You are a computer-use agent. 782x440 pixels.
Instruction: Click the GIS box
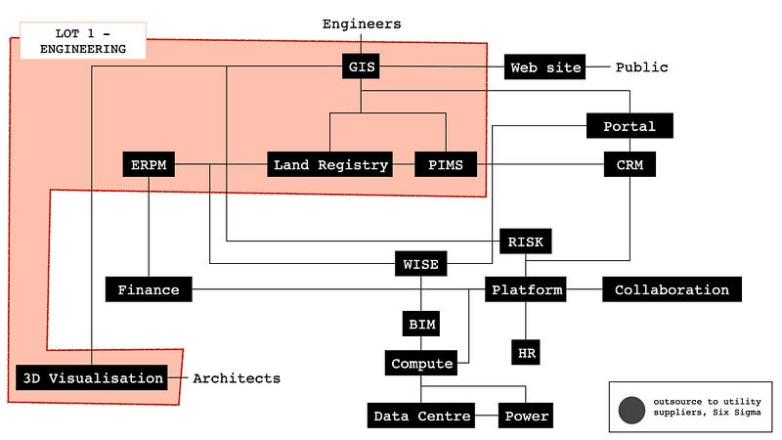361,67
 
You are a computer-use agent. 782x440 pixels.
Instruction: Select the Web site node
545,67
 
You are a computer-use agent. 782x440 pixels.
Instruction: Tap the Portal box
629,126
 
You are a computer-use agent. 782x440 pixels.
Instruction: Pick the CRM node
629,165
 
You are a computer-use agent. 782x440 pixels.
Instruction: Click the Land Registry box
330,165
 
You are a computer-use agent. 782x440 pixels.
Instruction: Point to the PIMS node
446,165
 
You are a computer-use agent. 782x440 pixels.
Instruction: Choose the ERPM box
149,165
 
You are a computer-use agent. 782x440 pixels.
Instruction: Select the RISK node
525,242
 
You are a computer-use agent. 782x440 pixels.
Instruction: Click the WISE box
421,264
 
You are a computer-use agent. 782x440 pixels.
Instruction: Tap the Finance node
149,289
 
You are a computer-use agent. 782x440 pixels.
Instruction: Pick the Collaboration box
672,289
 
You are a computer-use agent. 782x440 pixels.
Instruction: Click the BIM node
421,324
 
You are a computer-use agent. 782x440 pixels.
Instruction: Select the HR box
525,351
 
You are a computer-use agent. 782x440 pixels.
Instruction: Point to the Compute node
421,364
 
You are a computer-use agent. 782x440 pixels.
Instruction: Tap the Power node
526,417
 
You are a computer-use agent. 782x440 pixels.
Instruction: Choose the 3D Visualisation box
92,378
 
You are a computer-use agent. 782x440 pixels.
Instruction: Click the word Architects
236,378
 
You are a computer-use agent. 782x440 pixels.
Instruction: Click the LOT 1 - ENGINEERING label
77,41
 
